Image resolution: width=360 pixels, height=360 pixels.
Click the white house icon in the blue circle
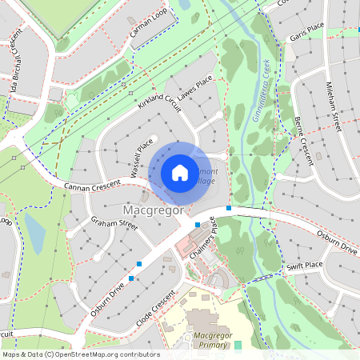[x=179, y=172]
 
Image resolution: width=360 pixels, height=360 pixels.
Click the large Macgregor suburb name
[x=154, y=210]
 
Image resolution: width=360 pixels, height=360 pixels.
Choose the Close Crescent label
[x=156, y=307]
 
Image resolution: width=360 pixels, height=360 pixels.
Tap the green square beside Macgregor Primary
[x=238, y=345]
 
